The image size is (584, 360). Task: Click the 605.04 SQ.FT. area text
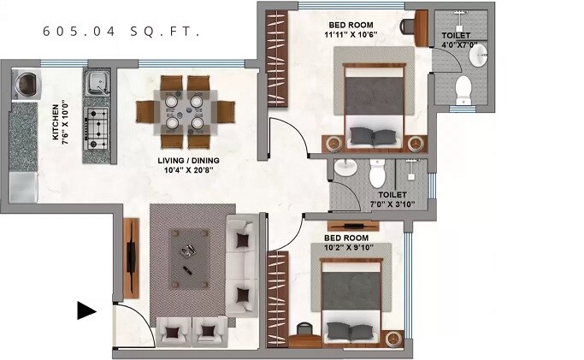click(121, 32)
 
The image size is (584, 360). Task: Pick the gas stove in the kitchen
click(98, 127)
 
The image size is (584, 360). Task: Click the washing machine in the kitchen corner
click(25, 85)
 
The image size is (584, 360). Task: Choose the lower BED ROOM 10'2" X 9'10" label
click(346, 243)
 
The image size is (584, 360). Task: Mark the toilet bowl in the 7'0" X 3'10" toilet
click(377, 174)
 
